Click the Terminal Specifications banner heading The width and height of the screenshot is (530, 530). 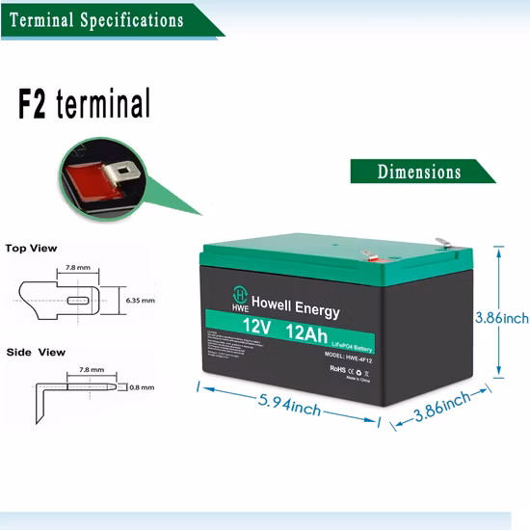[96, 19]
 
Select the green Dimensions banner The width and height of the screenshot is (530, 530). [419, 172]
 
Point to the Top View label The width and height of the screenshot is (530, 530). [31, 249]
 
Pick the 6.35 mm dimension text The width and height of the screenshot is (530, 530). [141, 301]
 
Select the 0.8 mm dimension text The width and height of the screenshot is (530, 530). [141, 388]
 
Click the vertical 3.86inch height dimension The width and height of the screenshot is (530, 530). [502, 317]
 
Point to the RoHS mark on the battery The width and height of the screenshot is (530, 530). [337, 368]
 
